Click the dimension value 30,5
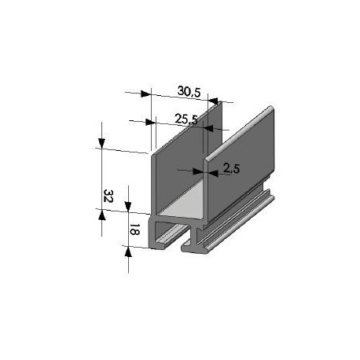pyautogui.click(x=189, y=92)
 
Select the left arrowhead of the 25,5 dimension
pyautogui.click(x=150, y=122)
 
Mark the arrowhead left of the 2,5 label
pyautogui.click(x=200, y=169)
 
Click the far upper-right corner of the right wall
pyautogui.click(x=272, y=108)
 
